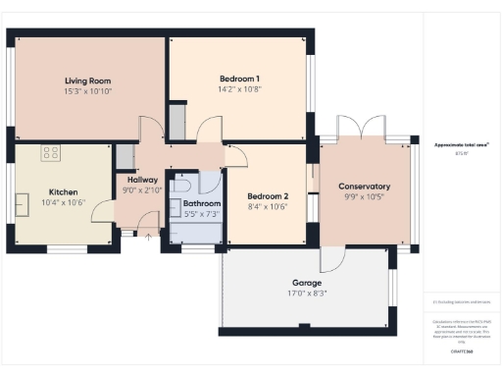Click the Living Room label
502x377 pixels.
[88, 81]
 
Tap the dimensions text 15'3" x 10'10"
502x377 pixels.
[88, 91]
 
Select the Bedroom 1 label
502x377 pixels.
[239, 78]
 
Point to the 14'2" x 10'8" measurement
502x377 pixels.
[239, 88]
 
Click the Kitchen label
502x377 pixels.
[64, 191]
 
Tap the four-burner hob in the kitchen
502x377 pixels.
[50, 153]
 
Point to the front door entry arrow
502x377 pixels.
[148, 236]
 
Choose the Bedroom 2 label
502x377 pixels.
[266, 195]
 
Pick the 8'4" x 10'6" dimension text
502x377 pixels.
[266, 206]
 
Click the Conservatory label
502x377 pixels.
[364, 187]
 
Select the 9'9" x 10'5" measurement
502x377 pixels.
[364, 197]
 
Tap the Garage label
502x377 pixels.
[306, 281]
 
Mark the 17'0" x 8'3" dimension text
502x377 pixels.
[306, 292]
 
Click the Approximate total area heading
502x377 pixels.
[462, 144]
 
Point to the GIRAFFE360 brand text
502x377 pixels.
[462, 350]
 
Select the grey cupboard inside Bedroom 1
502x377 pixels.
[176, 120]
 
